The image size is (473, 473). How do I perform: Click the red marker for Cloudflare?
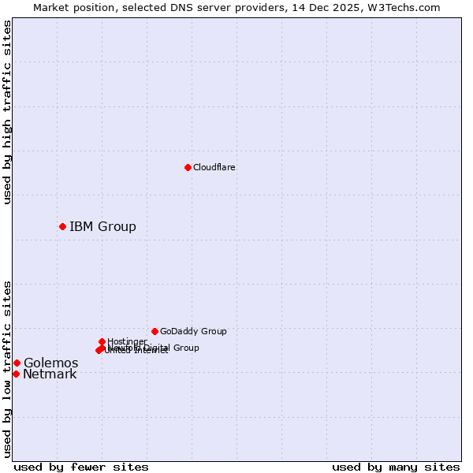click(188, 167)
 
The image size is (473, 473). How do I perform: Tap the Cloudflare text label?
click(214, 167)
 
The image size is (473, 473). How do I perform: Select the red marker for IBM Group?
click(62, 227)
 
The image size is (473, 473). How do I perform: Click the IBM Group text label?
click(102, 227)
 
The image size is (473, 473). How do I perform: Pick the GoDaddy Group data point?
click(155, 331)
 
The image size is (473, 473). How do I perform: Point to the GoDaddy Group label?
click(193, 331)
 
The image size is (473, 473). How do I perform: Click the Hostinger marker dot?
click(102, 341)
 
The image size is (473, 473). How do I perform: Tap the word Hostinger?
click(127, 341)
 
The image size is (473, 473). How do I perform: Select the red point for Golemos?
click(17, 363)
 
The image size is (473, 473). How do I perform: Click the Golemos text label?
click(50, 363)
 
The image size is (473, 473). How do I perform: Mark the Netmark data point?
click(16, 374)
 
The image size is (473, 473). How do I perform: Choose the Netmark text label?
click(50, 374)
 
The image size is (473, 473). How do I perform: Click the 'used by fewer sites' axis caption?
click(81, 467)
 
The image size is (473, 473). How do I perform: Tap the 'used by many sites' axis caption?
click(396, 467)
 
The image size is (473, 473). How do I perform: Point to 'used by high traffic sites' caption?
click(7, 112)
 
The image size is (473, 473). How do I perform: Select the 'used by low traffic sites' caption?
click(7, 368)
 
